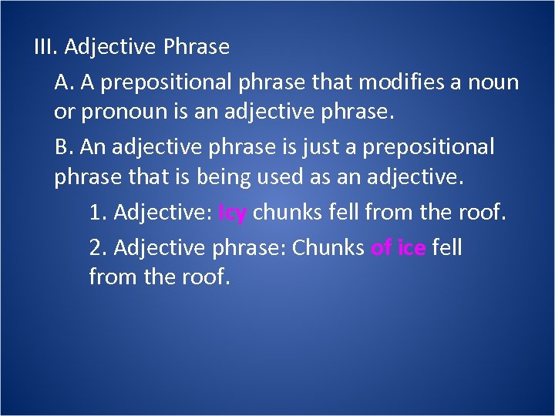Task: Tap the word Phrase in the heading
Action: pos(197,48)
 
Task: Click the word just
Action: pos(302,146)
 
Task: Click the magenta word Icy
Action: pos(233,213)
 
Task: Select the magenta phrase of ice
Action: pos(399,248)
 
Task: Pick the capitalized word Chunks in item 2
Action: pos(328,248)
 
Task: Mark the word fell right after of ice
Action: pos(447,248)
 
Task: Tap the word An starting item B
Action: pos(89,146)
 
